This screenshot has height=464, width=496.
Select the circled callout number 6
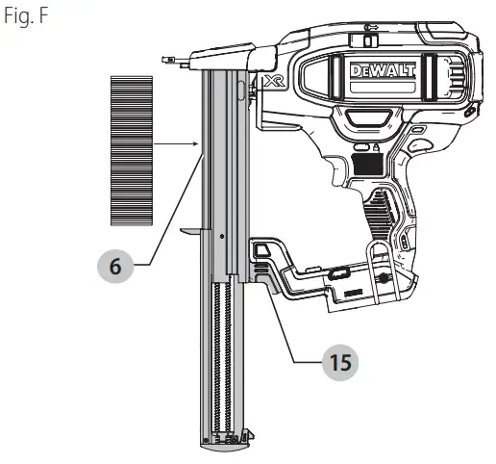coord(115,267)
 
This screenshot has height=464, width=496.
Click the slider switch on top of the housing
coord(364,39)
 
